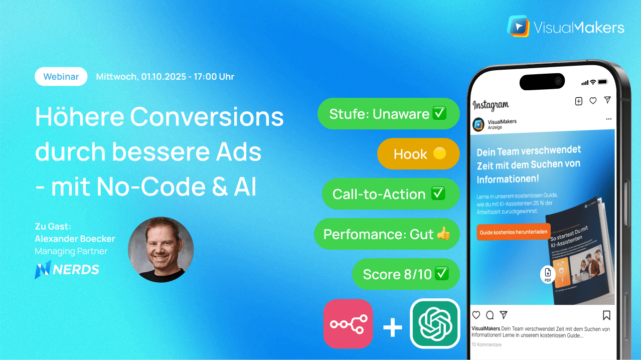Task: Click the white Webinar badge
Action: click(x=61, y=77)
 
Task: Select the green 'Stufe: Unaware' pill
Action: click(x=388, y=114)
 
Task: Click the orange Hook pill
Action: click(x=418, y=154)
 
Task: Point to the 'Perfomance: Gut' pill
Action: click(x=387, y=234)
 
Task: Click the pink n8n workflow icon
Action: click(x=349, y=323)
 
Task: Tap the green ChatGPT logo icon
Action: click(x=435, y=323)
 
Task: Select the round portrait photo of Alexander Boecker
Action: click(x=161, y=250)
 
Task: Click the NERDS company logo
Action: click(x=67, y=270)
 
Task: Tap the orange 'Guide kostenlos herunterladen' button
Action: click(x=513, y=232)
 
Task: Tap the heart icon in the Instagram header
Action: click(x=593, y=101)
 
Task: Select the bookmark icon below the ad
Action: click(x=606, y=315)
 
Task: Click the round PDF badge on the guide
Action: click(x=547, y=274)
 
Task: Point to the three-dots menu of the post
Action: click(x=608, y=119)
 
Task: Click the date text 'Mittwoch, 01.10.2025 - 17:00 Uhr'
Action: click(x=165, y=77)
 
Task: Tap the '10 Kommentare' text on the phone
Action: click(x=486, y=344)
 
